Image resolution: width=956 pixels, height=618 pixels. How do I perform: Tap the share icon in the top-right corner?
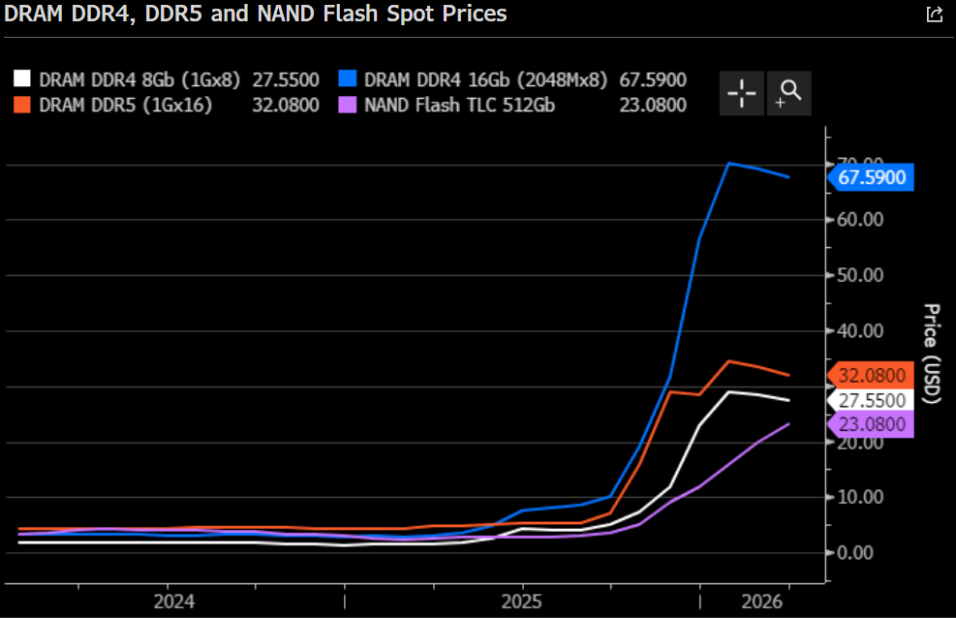(934, 15)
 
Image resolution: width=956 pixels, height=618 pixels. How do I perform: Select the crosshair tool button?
(742, 93)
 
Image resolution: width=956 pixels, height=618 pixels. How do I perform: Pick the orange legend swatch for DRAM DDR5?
(23, 106)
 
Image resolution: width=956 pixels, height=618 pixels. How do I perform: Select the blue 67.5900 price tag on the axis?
(872, 177)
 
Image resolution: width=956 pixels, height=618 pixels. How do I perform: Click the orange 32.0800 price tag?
(872, 376)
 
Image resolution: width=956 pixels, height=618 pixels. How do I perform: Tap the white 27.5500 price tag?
(872, 400)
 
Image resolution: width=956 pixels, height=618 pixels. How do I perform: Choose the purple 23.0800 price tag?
(872, 424)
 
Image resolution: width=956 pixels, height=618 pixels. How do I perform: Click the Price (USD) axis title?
(932, 354)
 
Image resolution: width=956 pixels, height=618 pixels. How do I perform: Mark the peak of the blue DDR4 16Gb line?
(729, 163)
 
